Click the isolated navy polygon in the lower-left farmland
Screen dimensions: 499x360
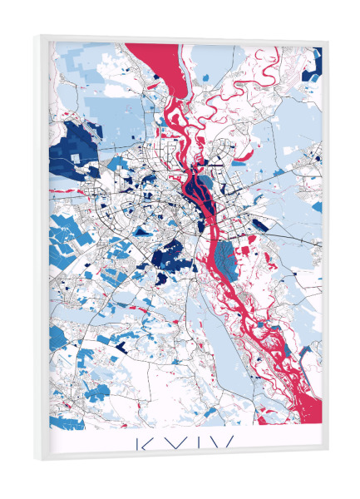click(x=121, y=343)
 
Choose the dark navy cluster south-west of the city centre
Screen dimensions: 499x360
click(x=170, y=254)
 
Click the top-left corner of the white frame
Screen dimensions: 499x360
click(x=40, y=37)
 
